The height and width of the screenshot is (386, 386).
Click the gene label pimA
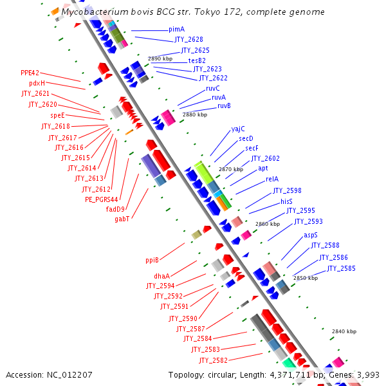click(176, 30)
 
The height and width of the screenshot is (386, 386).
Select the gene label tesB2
click(196, 60)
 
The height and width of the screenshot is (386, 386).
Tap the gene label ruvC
click(212, 88)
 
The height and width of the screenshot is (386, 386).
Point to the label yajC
click(238, 129)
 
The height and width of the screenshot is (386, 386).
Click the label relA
click(271, 179)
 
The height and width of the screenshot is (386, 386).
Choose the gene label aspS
click(311, 235)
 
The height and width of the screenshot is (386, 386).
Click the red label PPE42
click(30, 73)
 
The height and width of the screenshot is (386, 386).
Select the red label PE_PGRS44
click(102, 199)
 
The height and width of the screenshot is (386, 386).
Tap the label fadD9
click(115, 209)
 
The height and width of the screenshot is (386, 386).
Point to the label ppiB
click(152, 261)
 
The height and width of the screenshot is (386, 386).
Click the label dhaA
click(161, 277)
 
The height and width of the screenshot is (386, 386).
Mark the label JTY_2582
click(213, 360)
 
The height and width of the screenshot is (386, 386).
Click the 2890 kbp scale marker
click(160, 59)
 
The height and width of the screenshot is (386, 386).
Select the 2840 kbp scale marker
click(344, 331)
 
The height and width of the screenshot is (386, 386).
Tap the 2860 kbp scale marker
click(268, 224)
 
